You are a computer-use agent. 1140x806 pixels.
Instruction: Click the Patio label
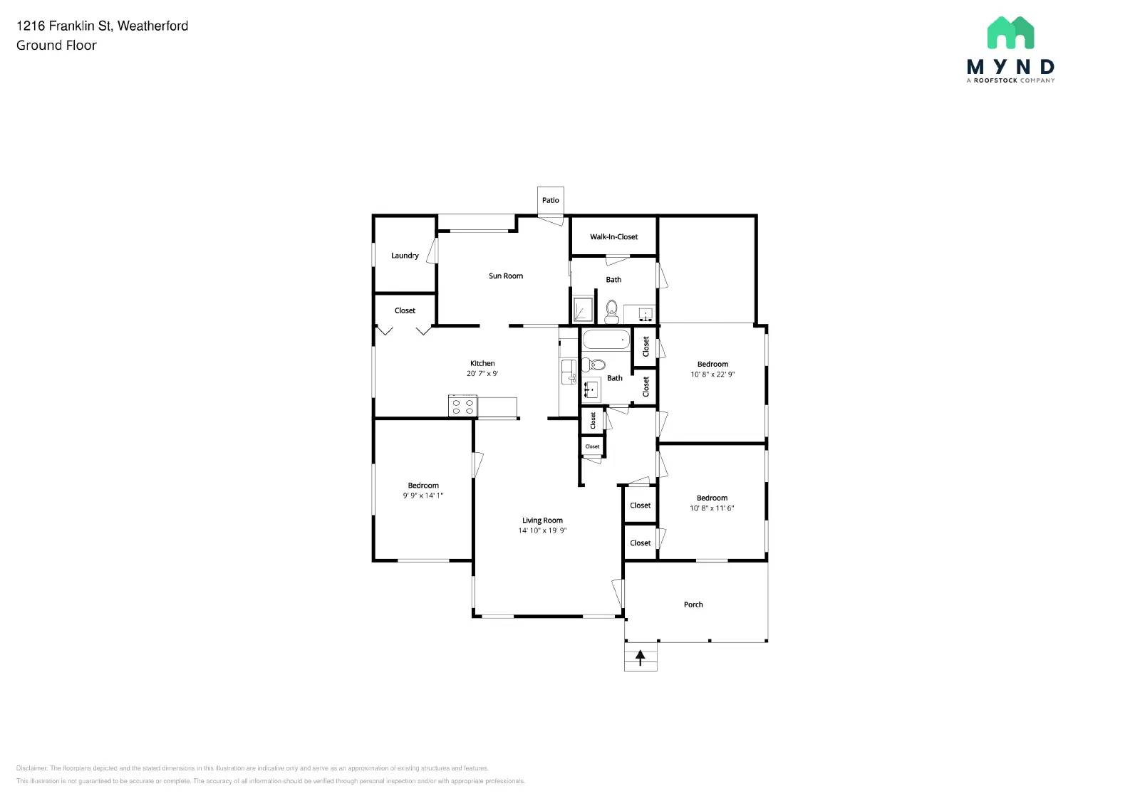[x=550, y=200]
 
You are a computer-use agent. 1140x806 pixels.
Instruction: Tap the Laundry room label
[x=405, y=256]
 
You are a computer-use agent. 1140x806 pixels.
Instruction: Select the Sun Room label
[x=506, y=276]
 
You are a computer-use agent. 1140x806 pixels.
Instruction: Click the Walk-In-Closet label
[x=613, y=237]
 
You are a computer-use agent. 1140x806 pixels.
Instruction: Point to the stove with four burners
[x=462, y=407]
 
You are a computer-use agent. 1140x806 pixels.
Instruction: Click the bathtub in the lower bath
[x=606, y=340]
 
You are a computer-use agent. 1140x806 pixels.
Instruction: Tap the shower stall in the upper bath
[x=583, y=309]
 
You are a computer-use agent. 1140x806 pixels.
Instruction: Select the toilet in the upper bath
[x=611, y=310]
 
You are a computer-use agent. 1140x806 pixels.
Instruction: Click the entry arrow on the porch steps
[x=641, y=657]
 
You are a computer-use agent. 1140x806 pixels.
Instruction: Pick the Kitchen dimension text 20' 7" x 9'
[x=482, y=373]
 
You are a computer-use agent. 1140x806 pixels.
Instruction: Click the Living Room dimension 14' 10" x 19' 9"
[x=542, y=530]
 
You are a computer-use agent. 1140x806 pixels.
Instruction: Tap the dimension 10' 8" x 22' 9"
[x=712, y=375]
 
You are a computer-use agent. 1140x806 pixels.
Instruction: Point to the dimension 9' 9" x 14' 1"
[x=423, y=496]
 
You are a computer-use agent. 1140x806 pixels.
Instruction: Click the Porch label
[x=693, y=604]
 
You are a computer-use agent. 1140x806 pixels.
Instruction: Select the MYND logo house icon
[x=1010, y=33]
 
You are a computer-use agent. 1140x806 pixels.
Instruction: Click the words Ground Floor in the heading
[x=56, y=46]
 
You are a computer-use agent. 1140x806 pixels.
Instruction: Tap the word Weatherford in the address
[x=152, y=26]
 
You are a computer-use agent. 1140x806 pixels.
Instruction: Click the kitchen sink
[x=568, y=371]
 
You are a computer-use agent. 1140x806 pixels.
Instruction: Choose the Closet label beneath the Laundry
[x=405, y=310]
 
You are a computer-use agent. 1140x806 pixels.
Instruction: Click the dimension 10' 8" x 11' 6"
[x=712, y=508]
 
